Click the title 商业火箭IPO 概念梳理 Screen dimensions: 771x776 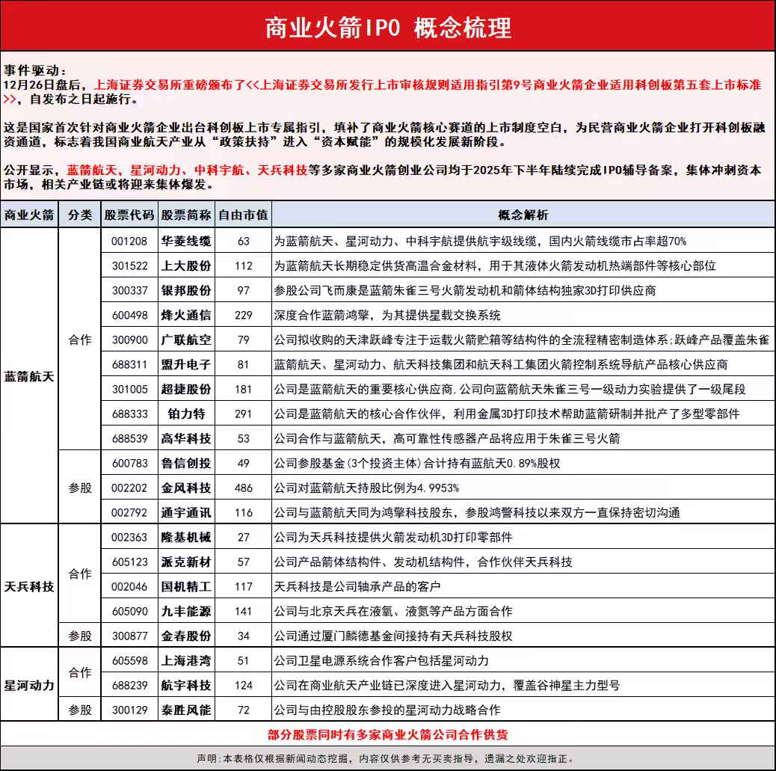tap(388, 28)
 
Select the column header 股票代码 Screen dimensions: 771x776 tap(129, 215)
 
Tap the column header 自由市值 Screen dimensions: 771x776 tap(243, 215)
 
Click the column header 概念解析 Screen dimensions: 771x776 tap(523, 215)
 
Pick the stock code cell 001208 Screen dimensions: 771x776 tap(129, 241)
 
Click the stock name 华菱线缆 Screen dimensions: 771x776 tap(186, 241)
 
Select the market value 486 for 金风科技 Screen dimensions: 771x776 tap(243, 488)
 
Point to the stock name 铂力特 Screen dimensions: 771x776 tap(186, 414)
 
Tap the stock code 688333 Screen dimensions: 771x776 tap(129, 414)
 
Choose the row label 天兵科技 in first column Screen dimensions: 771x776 tap(29, 586)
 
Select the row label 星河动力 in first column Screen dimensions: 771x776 tap(29, 685)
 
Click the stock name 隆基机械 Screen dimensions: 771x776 tap(186, 537)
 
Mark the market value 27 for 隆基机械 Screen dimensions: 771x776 tap(243, 537)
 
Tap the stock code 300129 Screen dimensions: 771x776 tap(129, 710)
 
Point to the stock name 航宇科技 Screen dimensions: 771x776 tap(186, 685)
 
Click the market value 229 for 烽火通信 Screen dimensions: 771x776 tap(243, 315)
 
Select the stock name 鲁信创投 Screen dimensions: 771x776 tap(186, 463)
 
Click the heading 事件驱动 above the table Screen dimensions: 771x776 tap(35, 70)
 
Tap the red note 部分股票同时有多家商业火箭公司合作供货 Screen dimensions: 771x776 tap(388, 734)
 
